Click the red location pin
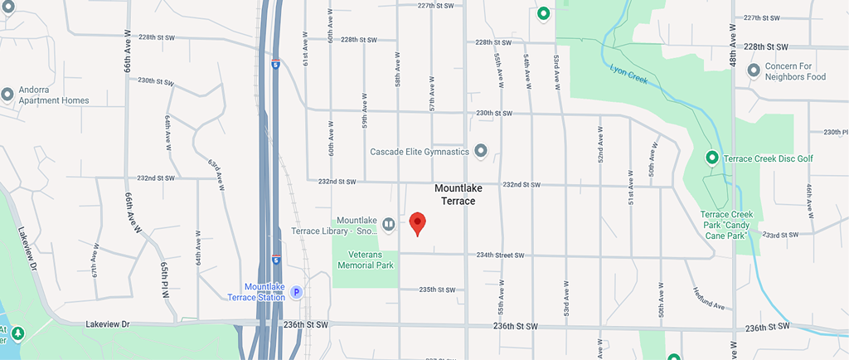click(x=418, y=223)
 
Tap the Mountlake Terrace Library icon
click(x=388, y=223)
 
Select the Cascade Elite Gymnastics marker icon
click(x=480, y=151)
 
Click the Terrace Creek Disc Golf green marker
click(x=711, y=158)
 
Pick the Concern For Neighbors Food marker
click(x=754, y=71)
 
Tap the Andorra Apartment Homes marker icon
click(x=7, y=94)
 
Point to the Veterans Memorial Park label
click(x=366, y=260)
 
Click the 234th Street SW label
click(x=501, y=255)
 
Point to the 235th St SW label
click(x=437, y=289)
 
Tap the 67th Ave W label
click(x=95, y=260)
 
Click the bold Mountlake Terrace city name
click(x=458, y=194)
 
